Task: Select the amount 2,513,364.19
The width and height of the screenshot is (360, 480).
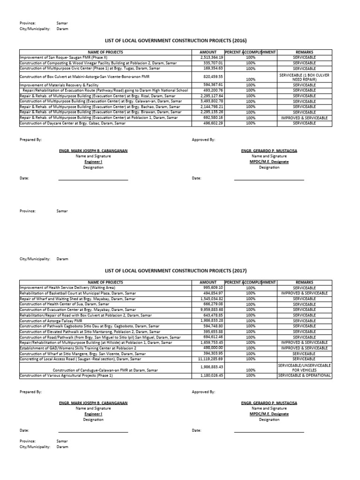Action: pos(211,57)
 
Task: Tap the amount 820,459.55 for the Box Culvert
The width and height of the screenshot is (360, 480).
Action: pos(213,75)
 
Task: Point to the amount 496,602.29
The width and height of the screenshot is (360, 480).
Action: pos(213,123)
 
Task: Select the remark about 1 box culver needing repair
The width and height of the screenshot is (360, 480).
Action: pos(305,77)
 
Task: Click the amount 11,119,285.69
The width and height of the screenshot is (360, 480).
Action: pos(210,359)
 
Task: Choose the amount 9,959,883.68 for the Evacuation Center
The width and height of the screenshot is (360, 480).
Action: pos(211,309)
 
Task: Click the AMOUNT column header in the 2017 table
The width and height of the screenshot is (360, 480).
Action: pos(208,282)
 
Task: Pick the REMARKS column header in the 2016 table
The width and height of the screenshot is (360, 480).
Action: pos(305,52)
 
